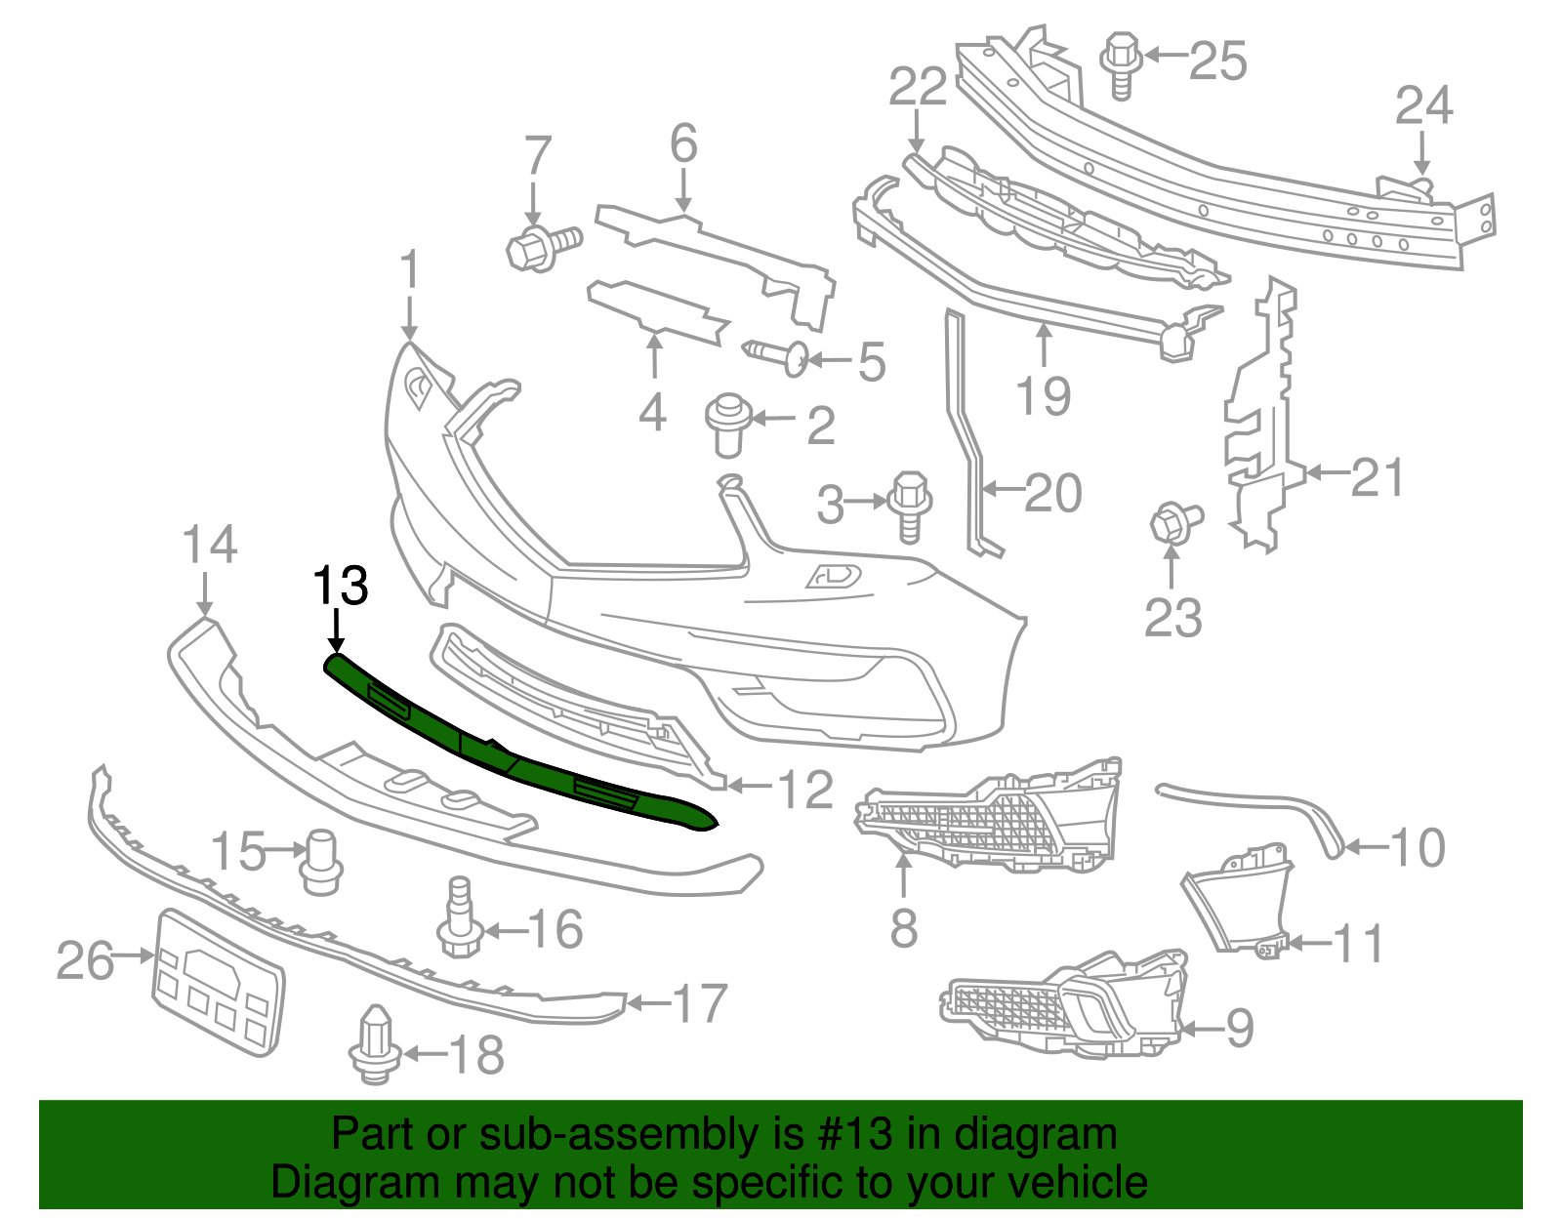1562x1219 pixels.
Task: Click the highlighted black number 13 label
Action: (340, 586)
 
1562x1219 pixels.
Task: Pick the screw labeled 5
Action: (779, 356)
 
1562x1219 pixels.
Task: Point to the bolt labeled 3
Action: (910, 504)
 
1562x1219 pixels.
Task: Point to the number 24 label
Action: (1423, 105)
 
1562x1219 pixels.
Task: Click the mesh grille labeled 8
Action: (986, 814)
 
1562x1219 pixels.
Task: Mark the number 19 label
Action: (1043, 395)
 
